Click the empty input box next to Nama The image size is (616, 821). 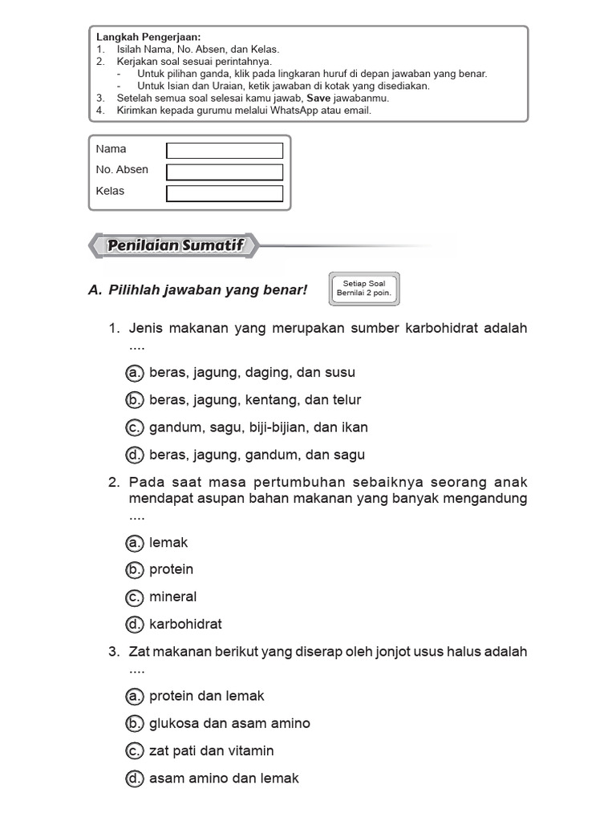(x=225, y=151)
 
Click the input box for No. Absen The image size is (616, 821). (x=225, y=172)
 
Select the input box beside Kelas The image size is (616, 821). (x=225, y=193)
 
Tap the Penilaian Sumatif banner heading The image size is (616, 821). (x=175, y=246)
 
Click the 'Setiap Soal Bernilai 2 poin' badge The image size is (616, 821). (x=363, y=289)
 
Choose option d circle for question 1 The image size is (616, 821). (x=135, y=455)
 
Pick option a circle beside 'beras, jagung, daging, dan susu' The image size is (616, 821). (x=135, y=373)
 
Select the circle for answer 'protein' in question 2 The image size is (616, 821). (x=135, y=570)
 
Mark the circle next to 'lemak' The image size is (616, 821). (x=135, y=543)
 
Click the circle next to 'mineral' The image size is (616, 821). (x=135, y=597)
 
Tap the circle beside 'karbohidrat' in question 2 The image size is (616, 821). (x=135, y=625)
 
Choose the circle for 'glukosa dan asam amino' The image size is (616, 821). (x=135, y=724)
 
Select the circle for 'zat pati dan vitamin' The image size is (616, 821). (x=135, y=751)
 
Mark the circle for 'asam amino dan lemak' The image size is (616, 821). (x=135, y=779)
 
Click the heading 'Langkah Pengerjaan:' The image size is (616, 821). (x=148, y=37)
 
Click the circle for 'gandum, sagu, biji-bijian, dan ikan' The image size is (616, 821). (x=135, y=428)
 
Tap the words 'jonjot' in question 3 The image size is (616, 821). (x=383, y=652)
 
